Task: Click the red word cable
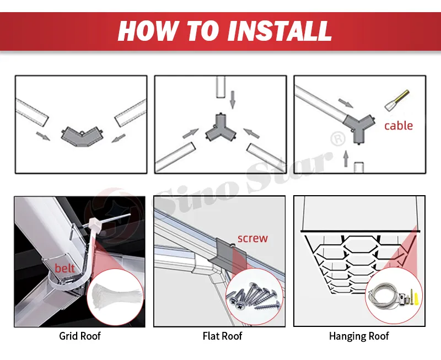[x=399, y=126]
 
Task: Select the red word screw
[x=252, y=238]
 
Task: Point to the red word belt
[x=64, y=268]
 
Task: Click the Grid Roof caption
[x=80, y=336]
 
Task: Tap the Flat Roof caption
[x=222, y=336]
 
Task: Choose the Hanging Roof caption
[x=359, y=336]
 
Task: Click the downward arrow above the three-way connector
[x=232, y=100]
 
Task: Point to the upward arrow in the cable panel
[x=346, y=158]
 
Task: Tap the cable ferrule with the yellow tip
[x=397, y=100]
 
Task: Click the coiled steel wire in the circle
[x=385, y=295]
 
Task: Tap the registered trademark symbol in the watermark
[x=338, y=138]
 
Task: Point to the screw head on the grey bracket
[x=233, y=245]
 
